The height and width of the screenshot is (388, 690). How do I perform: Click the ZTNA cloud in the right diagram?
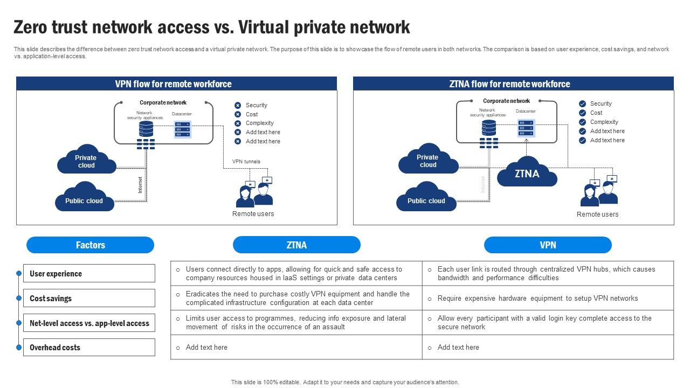527,172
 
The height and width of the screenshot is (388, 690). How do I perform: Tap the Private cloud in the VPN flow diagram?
86,161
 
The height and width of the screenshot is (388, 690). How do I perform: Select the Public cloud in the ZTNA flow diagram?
426,199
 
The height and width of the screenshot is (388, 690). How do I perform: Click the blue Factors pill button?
90,245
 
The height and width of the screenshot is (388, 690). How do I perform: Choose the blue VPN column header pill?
548,245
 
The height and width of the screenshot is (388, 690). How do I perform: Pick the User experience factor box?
89,274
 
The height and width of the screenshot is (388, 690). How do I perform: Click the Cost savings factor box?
89,299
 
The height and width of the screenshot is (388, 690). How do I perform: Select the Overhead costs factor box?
89,348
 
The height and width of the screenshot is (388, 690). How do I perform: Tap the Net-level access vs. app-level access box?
89,323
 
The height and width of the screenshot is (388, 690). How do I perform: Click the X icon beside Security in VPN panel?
238,106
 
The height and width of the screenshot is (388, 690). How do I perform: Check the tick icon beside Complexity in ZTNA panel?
582,122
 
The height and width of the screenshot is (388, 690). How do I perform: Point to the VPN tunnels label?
246,162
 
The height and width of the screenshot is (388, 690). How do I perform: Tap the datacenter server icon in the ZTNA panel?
526,128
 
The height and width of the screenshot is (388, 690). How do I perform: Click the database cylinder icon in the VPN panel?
146,129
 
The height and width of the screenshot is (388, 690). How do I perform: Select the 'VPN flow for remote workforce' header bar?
176,84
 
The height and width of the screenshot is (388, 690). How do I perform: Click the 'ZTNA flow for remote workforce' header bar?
513,84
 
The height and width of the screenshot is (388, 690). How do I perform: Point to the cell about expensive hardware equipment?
548,299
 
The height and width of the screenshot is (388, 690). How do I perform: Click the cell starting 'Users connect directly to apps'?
296,274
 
